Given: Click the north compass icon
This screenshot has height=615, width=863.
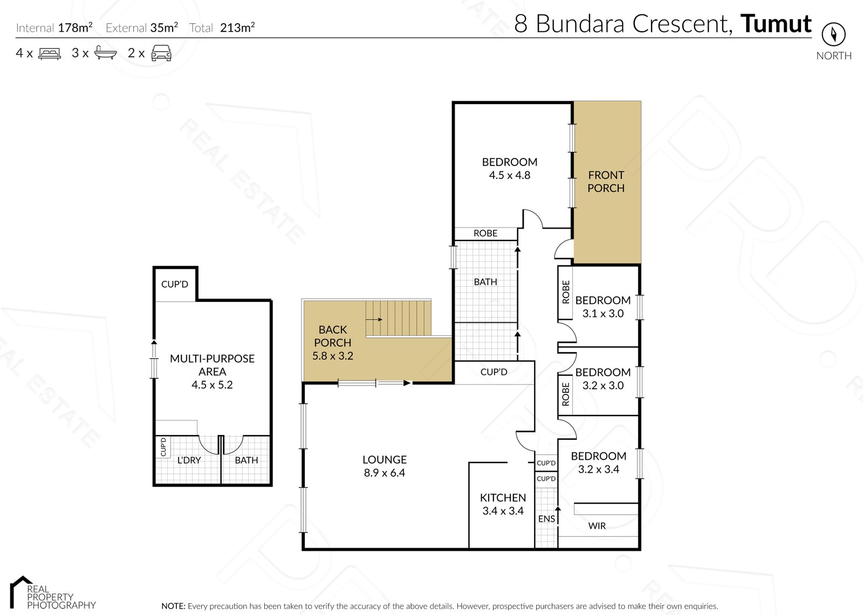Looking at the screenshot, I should click(833, 34).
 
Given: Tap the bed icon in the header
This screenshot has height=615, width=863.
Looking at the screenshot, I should click(50, 53).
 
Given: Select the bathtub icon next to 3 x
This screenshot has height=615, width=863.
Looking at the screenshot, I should click(105, 53).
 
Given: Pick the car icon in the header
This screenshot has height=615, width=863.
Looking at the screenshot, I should click(161, 53).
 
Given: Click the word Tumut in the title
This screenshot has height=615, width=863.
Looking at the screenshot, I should click(776, 24).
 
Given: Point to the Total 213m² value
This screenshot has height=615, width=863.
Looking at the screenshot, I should click(237, 28).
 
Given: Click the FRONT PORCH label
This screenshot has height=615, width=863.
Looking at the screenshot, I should click(606, 182).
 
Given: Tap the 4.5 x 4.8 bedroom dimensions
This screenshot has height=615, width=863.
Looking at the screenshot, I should click(509, 175).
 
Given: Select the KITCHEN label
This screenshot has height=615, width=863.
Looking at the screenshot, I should click(503, 497).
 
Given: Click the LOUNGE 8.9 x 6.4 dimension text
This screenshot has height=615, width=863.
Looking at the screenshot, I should click(384, 473).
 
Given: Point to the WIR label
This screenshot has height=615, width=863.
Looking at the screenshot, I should click(597, 526).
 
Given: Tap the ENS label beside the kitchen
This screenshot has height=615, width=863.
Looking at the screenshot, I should click(546, 519).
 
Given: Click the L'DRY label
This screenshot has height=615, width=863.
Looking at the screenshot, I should click(189, 460).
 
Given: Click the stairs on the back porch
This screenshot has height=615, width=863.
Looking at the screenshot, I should click(399, 318).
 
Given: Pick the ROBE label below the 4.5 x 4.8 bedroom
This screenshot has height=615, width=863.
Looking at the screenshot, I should click(485, 233).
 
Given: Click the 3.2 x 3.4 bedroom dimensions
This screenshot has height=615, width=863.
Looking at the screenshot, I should click(598, 469).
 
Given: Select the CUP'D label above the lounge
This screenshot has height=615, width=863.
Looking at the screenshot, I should click(494, 372).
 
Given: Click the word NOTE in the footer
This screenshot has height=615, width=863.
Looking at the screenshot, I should click(173, 606).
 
